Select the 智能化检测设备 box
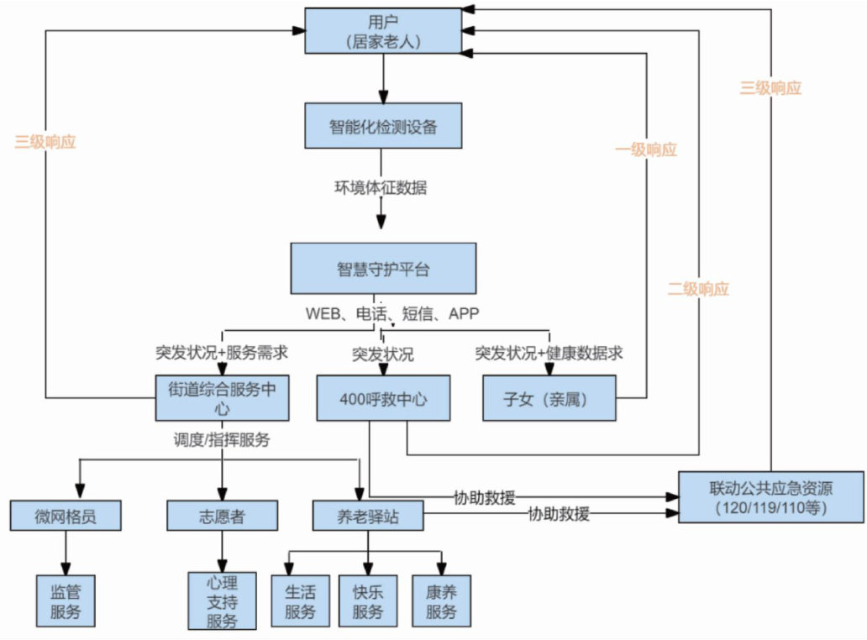point(382,127)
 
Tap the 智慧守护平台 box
point(382,269)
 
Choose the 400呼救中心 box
point(372,398)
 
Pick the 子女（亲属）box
point(549,398)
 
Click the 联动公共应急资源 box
point(770,497)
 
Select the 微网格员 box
point(66,515)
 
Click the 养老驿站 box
point(367,515)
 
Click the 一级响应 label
point(646,150)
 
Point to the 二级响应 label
point(698,289)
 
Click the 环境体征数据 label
point(381,187)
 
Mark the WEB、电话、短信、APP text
point(391,313)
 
